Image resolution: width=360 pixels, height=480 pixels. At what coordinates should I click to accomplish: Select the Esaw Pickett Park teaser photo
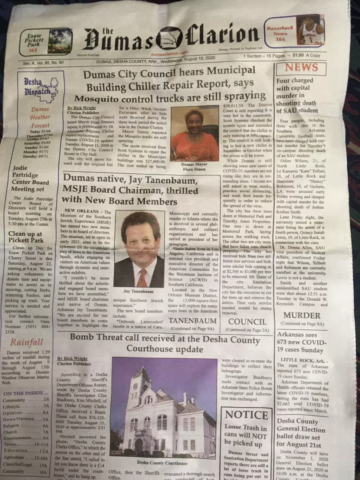point(59,41)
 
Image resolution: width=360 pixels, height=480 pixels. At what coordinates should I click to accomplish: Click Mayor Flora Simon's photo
point(195,133)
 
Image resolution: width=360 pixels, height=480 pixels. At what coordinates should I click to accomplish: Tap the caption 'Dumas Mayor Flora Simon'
point(194,166)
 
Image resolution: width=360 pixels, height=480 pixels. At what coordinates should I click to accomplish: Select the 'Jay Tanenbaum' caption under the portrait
point(139,291)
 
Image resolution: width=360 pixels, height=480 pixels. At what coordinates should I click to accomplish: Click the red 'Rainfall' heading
point(27,342)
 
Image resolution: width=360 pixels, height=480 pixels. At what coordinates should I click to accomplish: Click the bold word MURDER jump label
point(302,315)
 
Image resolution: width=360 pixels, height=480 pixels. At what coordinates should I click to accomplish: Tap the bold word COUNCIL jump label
point(247,322)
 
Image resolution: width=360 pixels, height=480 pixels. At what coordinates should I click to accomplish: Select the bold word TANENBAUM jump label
point(193,321)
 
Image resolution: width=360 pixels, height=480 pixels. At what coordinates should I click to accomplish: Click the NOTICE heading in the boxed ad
point(246,415)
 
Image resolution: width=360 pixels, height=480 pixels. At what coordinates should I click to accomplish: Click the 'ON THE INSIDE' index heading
point(23,393)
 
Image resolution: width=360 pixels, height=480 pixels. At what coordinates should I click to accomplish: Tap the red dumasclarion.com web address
point(169,54)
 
